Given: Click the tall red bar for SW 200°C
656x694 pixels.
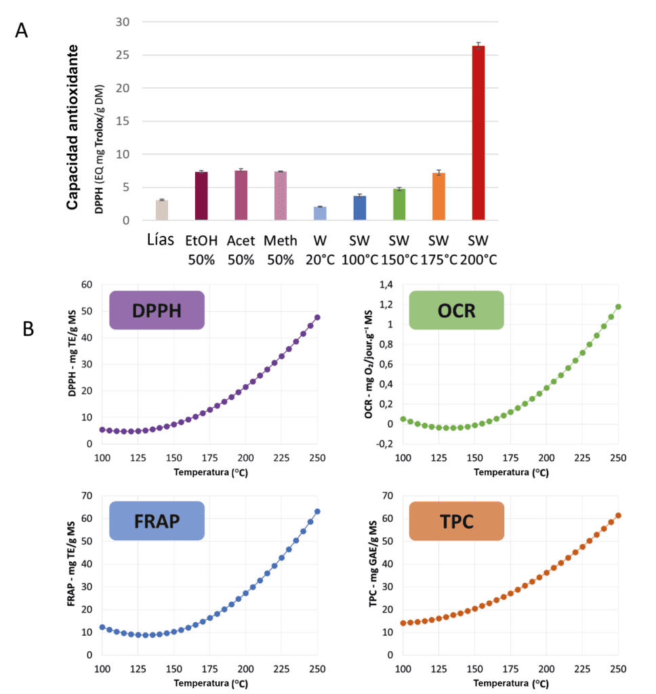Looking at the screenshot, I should tap(478, 133).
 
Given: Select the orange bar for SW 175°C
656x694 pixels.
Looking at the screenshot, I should tap(439, 197).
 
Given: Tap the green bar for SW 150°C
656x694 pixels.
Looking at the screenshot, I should tap(399, 204).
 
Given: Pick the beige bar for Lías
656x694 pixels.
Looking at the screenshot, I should tap(162, 210).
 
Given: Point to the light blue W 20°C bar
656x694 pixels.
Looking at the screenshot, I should tap(320, 213).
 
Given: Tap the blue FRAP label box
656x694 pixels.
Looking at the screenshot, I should tap(157, 520).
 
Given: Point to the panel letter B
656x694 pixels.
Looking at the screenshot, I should tap(29, 328).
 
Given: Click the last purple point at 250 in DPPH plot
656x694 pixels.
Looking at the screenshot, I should tap(317, 317).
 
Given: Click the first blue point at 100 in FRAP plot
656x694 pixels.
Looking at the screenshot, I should tap(102, 627).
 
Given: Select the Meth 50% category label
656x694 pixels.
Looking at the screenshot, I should tap(281, 249).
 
